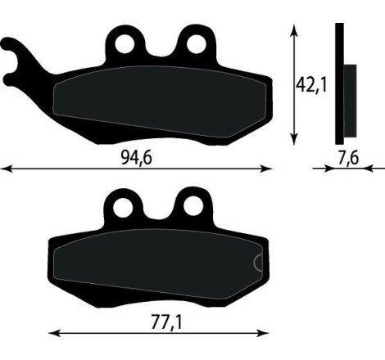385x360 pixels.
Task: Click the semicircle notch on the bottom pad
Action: click(259, 263)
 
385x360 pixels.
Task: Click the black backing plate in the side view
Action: click(339, 82)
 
